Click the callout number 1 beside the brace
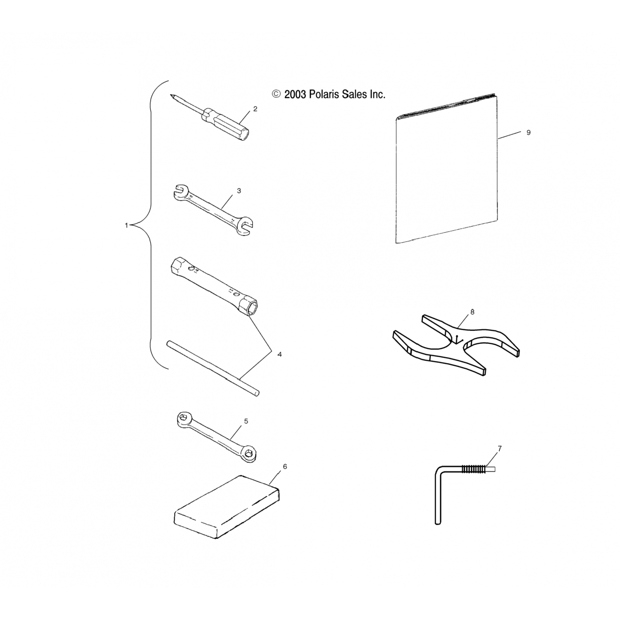coord(126,225)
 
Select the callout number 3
coord(239,191)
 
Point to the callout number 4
coord(279,354)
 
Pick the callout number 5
coord(246,421)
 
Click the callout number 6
coord(285,467)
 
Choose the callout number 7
coord(500,448)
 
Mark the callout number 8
coord(472,312)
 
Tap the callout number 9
coord(528,133)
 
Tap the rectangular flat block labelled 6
coord(227,507)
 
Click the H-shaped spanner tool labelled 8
coord(455,346)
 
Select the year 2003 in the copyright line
coord(295,95)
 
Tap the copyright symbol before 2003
coord(276,95)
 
